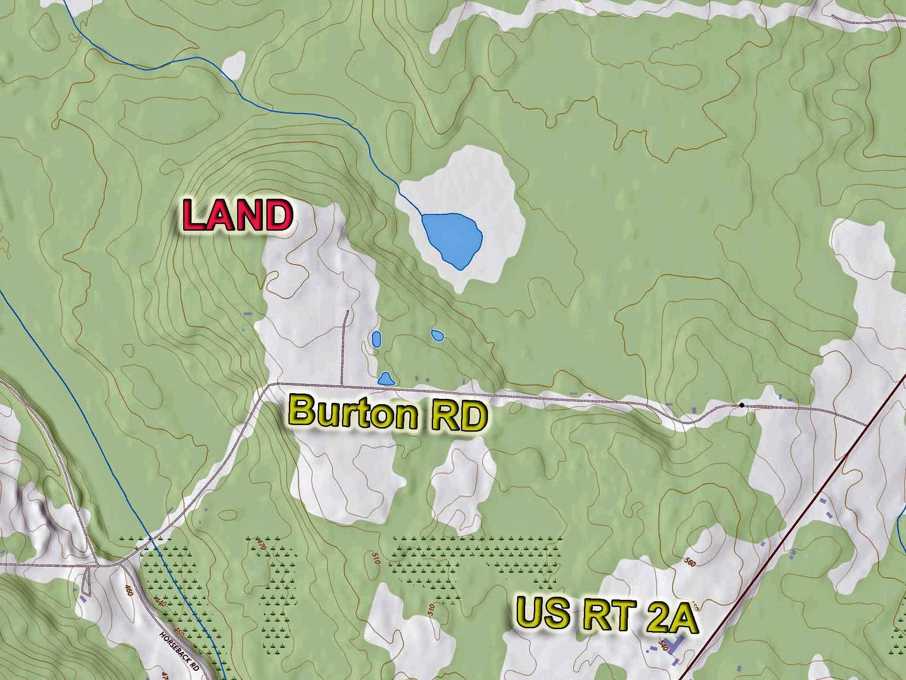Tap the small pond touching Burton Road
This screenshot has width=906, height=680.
click(x=386, y=379)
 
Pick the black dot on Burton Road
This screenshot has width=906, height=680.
click(x=741, y=405)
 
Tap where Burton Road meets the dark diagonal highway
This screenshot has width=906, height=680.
click(x=866, y=425)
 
